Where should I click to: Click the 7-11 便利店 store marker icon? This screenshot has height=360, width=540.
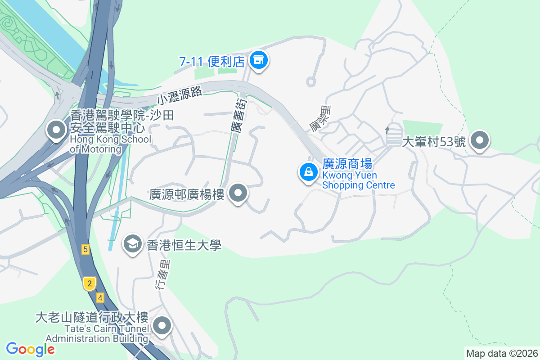click(258, 59)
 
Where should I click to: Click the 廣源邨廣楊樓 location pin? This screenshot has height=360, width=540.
click(238, 194)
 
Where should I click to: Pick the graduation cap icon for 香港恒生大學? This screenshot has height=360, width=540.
click(132, 244)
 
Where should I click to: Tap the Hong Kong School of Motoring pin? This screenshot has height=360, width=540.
click(57, 130)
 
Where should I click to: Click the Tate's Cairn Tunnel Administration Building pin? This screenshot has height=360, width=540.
click(162, 325)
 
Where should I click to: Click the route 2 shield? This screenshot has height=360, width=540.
click(90, 283)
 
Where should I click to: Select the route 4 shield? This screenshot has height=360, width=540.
click(99, 297)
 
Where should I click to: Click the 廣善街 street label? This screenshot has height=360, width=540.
click(238, 116)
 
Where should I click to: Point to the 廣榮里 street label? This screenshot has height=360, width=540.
click(319, 118)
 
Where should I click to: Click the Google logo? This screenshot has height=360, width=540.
click(30, 349)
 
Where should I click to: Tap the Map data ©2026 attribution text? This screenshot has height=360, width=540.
click(501, 353)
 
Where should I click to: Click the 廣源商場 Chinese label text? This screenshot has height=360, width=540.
click(346, 164)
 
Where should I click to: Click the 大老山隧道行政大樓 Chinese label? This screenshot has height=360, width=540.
click(92, 318)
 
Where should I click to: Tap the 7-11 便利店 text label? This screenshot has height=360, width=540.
click(211, 62)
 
